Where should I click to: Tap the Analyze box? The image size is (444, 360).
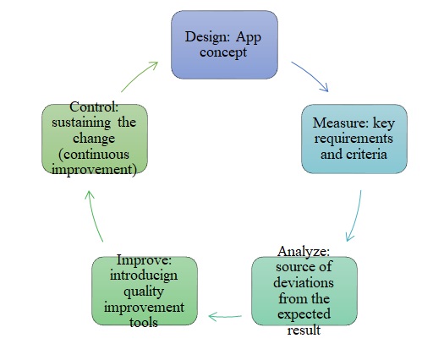(305, 292)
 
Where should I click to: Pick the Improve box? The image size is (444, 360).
(145, 292)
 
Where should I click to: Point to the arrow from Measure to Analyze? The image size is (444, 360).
(355, 215)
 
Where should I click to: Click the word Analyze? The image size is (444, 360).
(304, 252)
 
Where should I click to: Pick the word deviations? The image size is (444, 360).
(305, 280)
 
